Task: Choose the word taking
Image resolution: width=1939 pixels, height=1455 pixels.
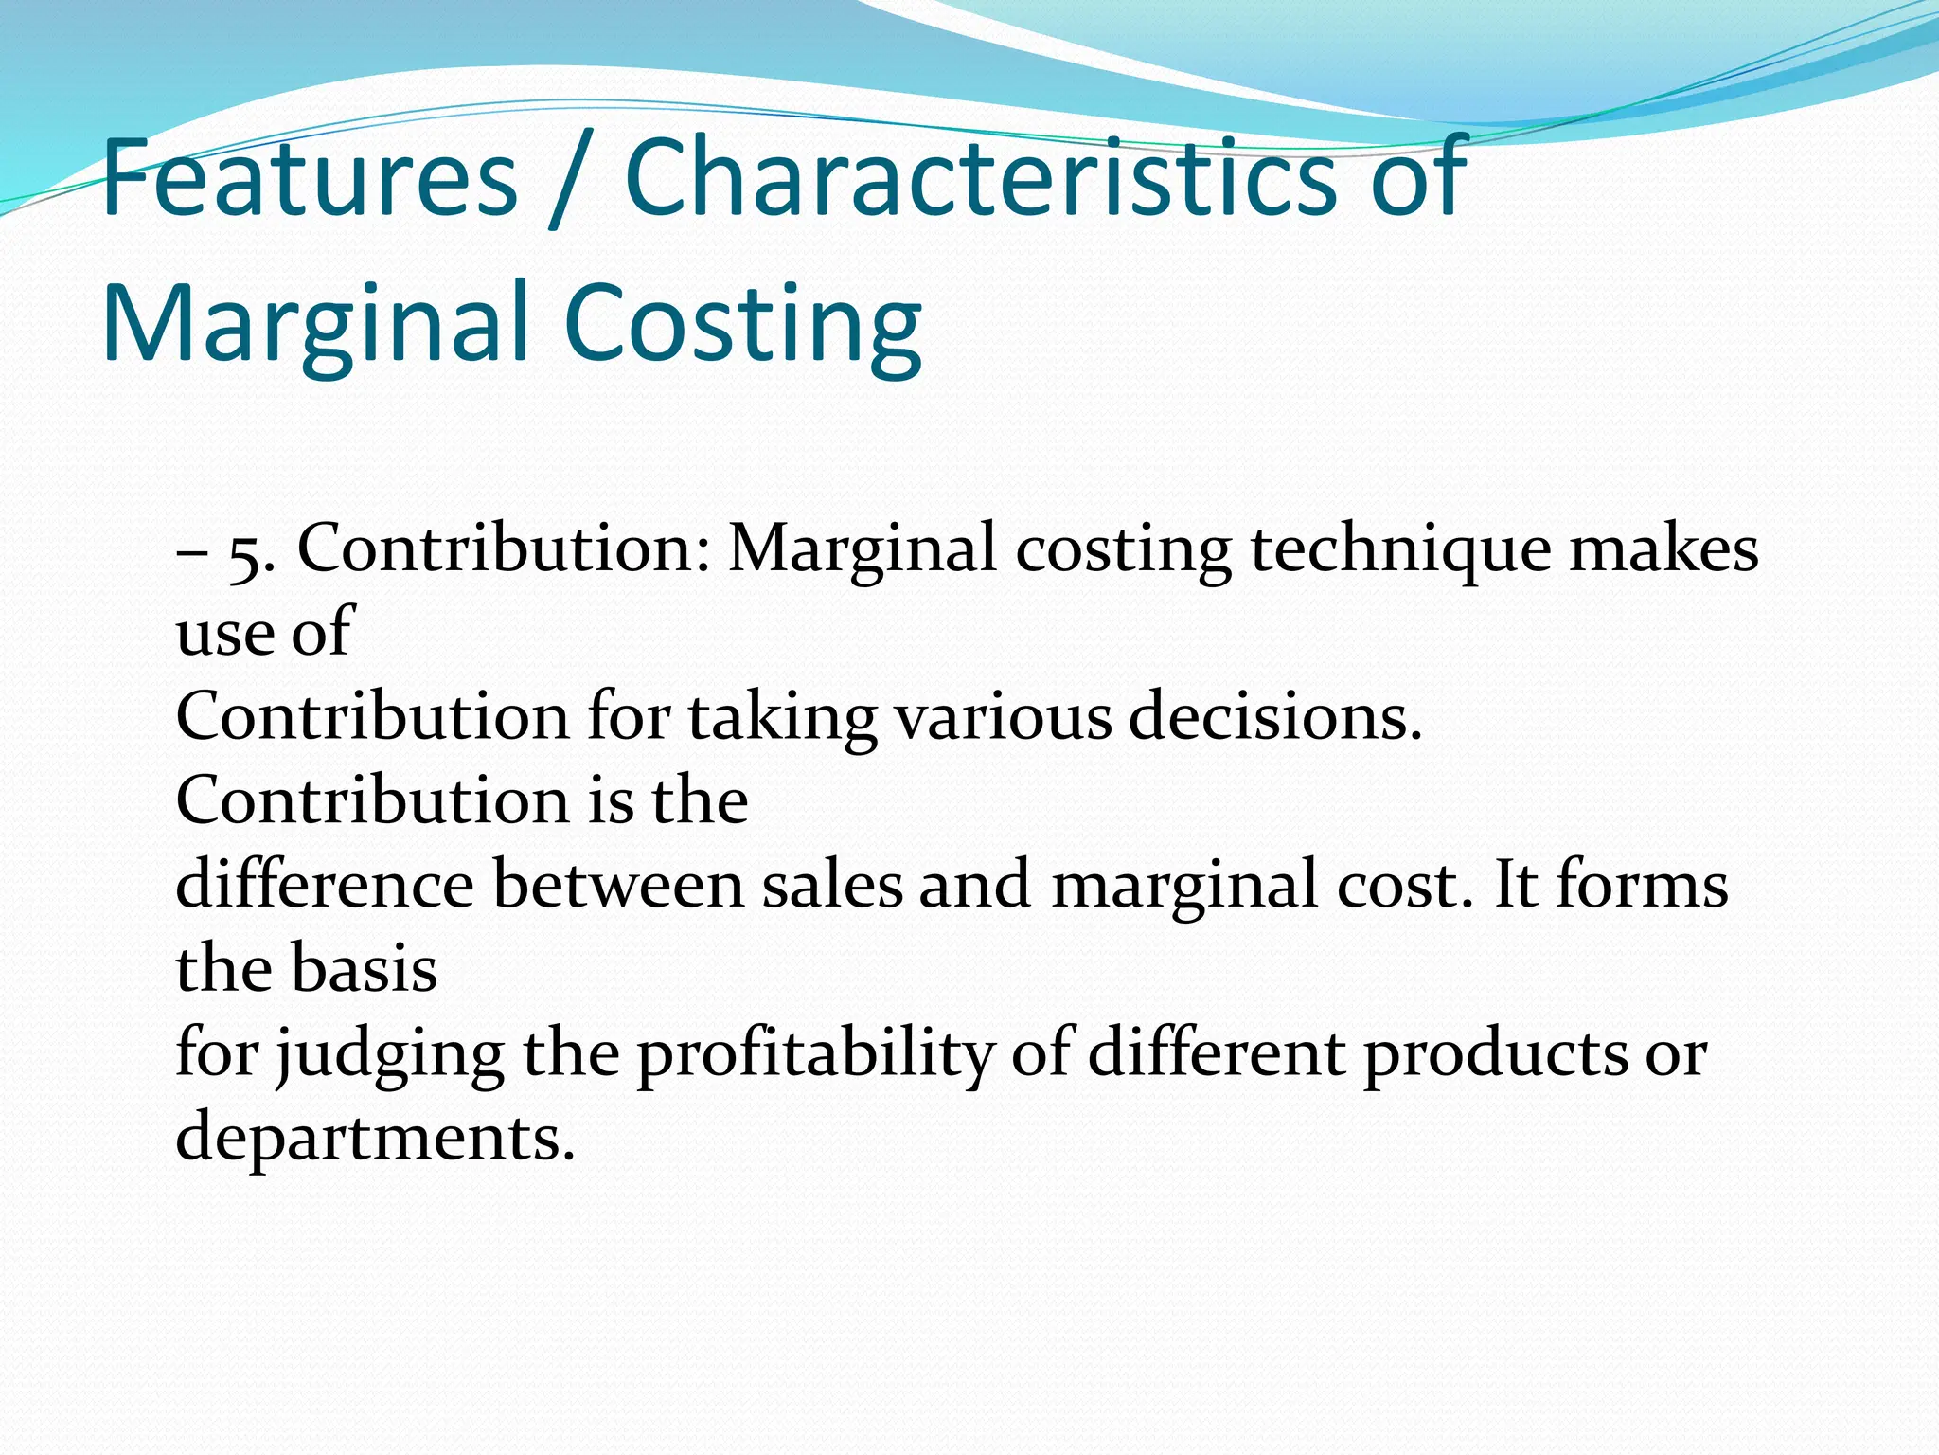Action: [782, 717]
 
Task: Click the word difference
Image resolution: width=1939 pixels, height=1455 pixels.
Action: [325, 885]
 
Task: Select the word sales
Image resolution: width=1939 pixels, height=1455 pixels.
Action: [832, 885]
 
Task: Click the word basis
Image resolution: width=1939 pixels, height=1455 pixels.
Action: [364, 969]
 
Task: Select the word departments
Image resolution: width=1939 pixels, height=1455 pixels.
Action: [375, 1137]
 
